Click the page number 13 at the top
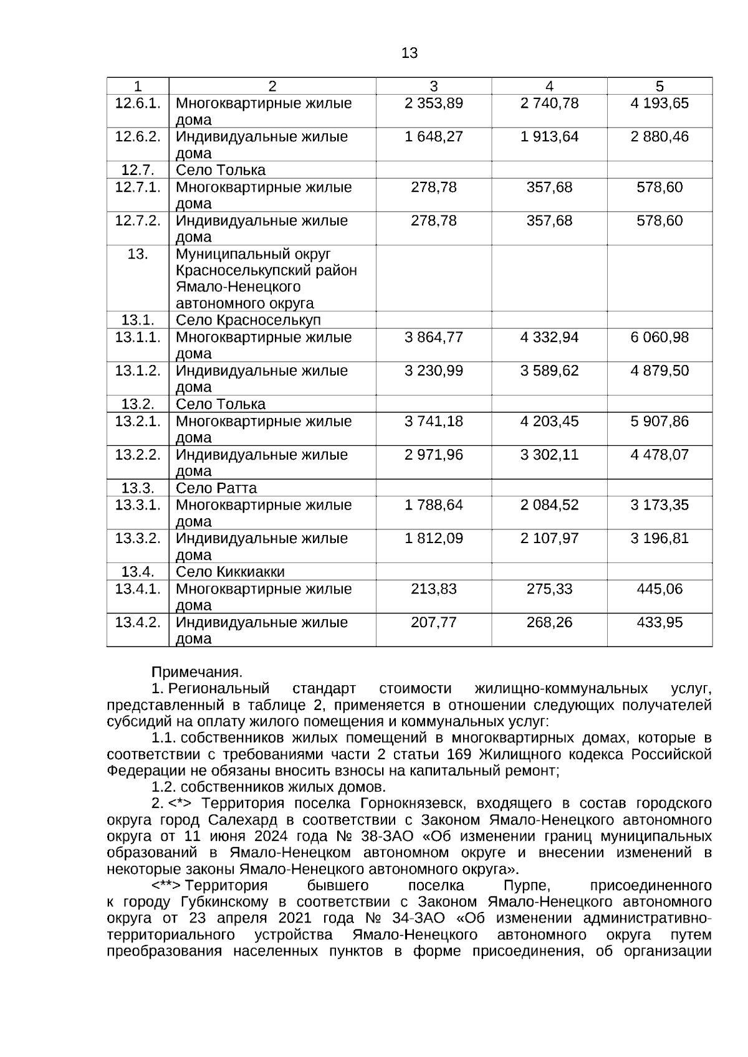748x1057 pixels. click(x=410, y=54)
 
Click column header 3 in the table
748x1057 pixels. click(x=434, y=87)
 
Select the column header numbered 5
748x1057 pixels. click(x=659, y=87)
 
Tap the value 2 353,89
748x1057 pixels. click(x=434, y=103)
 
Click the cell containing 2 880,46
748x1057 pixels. click(x=659, y=137)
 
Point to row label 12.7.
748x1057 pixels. click(x=137, y=170)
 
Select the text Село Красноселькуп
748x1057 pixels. click(x=248, y=320)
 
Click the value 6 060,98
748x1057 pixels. click(x=659, y=338)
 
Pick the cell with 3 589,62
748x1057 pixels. click(x=549, y=371)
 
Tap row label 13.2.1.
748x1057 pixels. click(x=137, y=422)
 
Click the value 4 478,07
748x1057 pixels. click(x=659, y=455)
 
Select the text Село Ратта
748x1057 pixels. click(x=216, y=488)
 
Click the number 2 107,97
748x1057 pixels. click(x=549, y=539)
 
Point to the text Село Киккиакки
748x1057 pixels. click(x=230, y=572)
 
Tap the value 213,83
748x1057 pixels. click(x=434, y=589)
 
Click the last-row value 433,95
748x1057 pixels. click(x=659, y=623)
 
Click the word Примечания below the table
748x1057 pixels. click(x=196, y=673)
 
